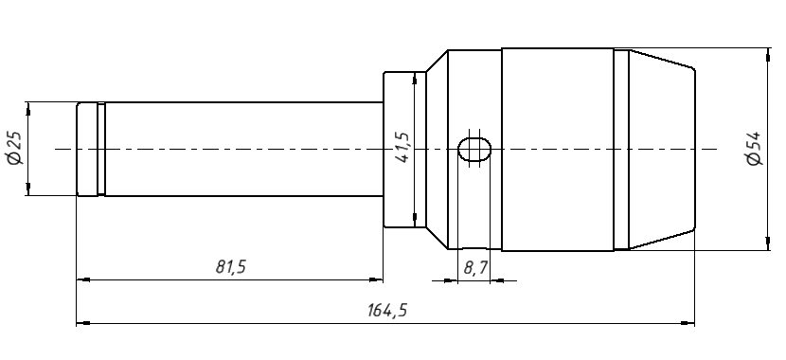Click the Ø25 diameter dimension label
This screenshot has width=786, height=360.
coord(15,149)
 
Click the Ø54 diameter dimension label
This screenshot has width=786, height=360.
coord(754,149)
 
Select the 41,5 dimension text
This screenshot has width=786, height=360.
coord(402,148)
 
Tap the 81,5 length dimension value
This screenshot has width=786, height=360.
coord(230,267)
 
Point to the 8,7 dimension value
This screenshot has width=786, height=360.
coord(475,268)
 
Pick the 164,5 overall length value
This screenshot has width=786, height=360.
coord(387,311)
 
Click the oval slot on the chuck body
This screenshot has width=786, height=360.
coord(474,149)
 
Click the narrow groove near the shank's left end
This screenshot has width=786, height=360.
coord(101,149)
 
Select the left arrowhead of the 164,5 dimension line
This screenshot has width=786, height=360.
coord(83,323)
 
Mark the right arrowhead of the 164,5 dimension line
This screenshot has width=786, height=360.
coord(688,323)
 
